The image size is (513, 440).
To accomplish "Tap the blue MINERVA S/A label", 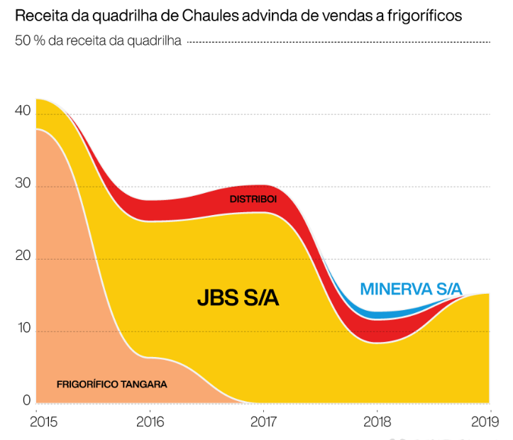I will [x=411, y=289].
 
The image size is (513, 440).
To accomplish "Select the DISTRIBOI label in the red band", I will [x=253, y=199].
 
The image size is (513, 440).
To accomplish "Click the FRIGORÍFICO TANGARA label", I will [x=111, y=384].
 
